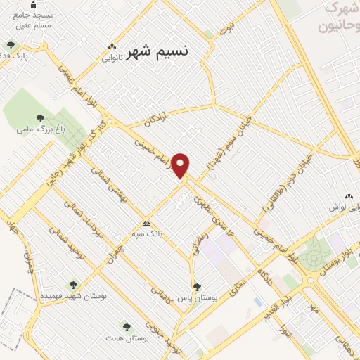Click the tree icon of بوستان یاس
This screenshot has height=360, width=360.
tap(198, 286)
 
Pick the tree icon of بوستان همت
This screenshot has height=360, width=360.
tap(126, 327)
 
